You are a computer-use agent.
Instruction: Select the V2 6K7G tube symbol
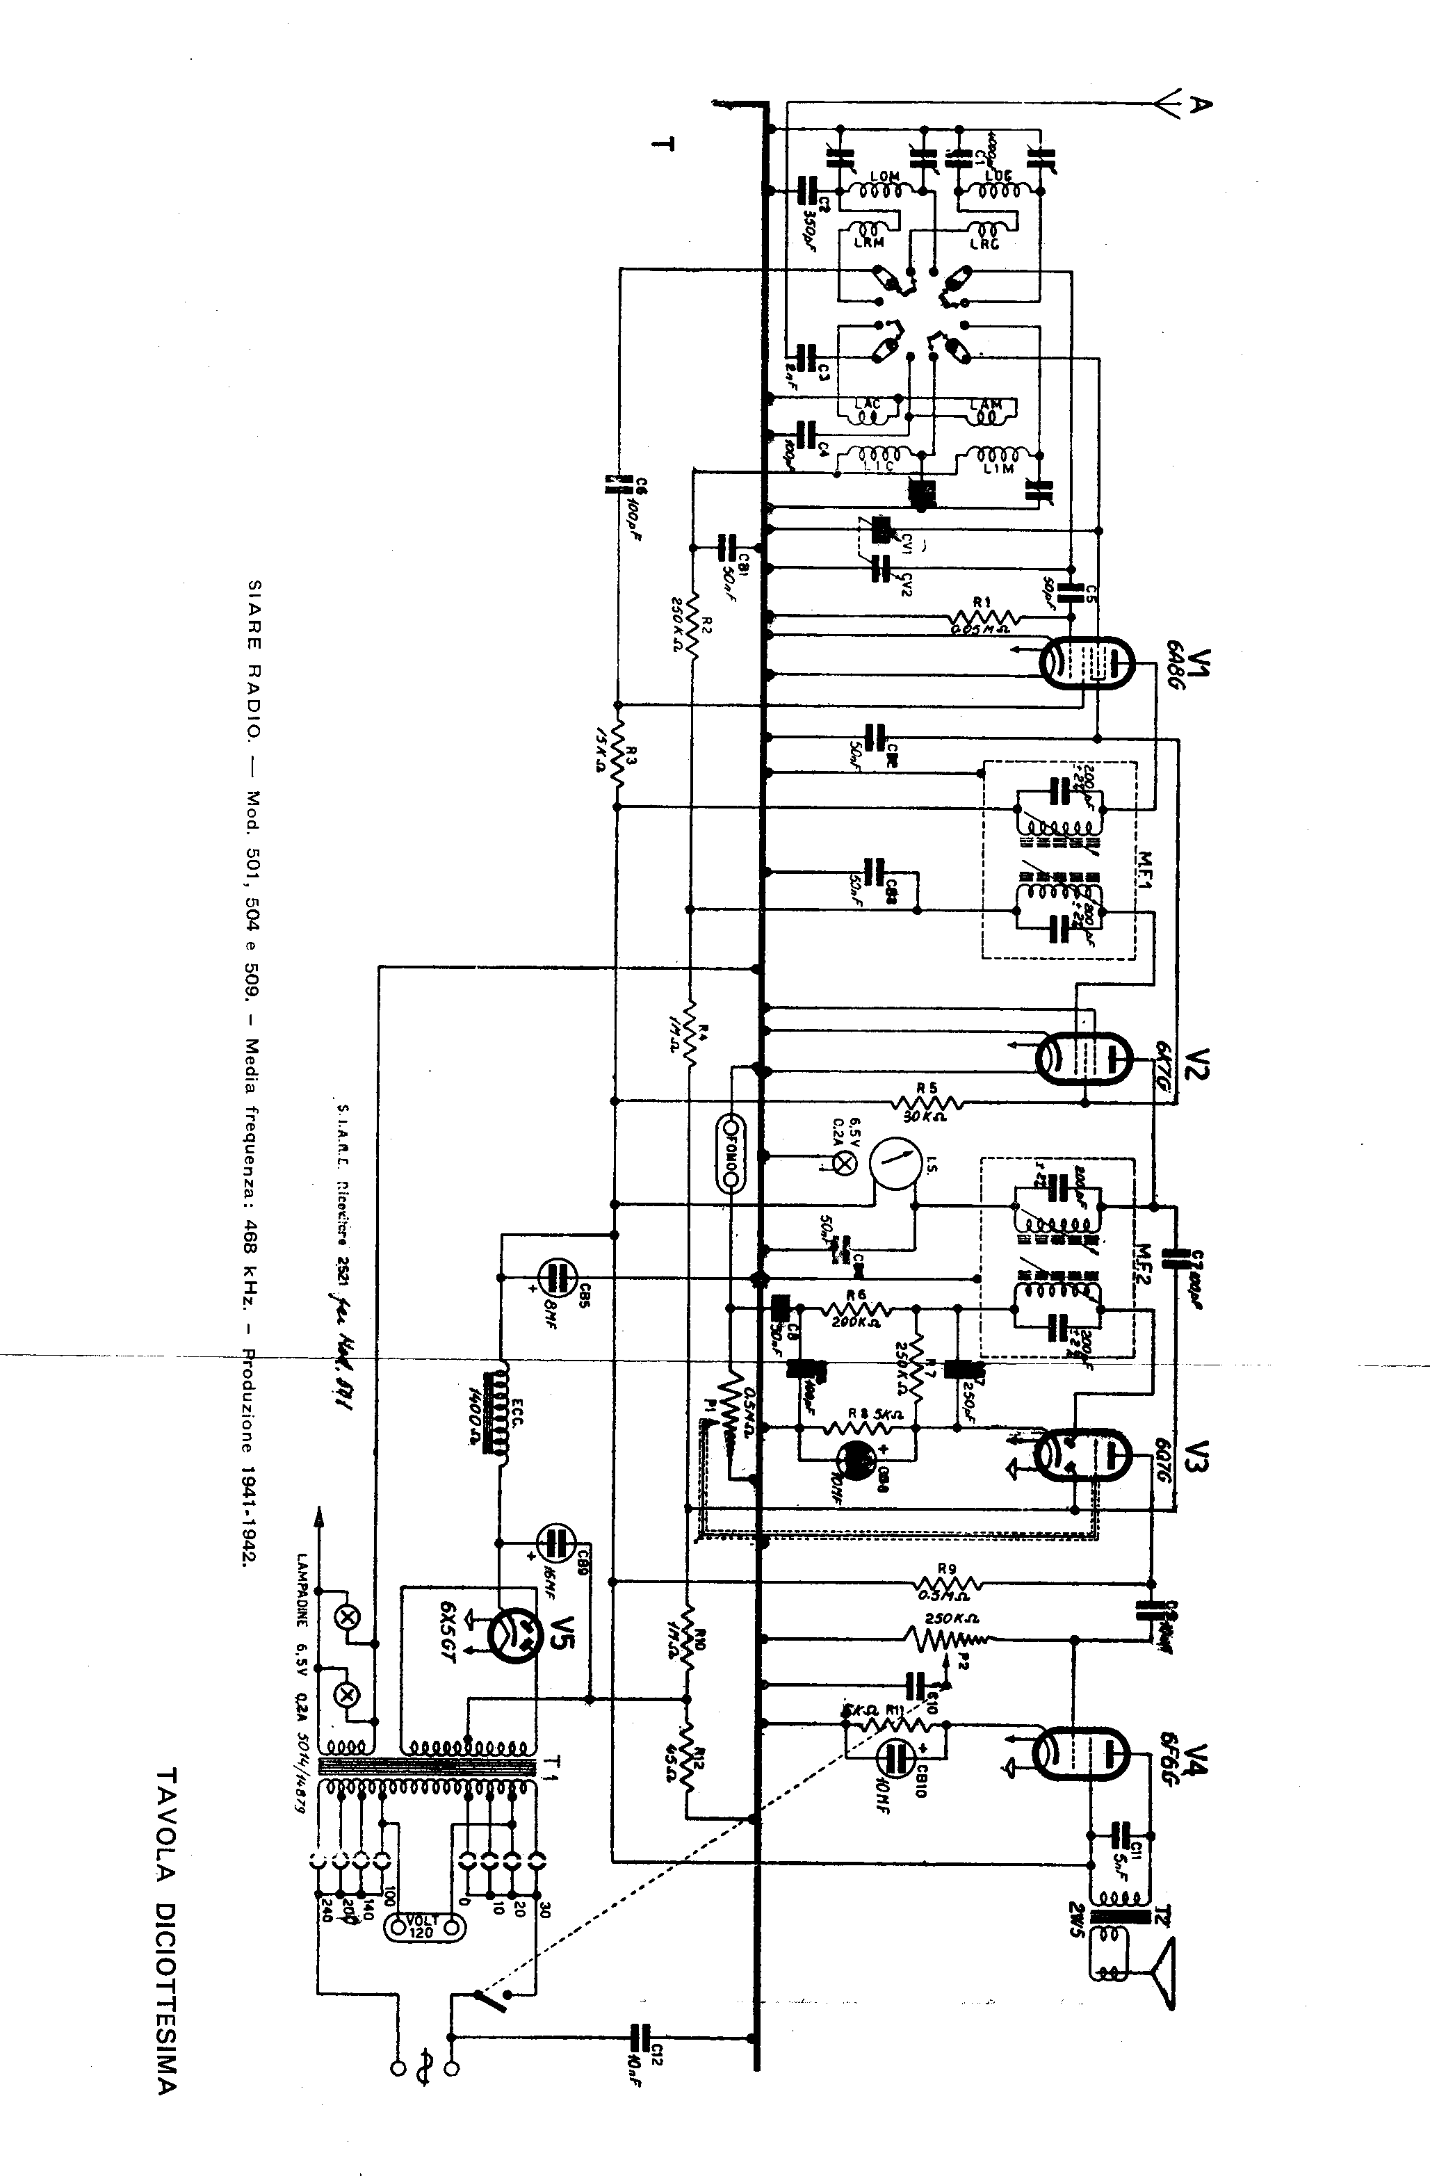click(x=1084, y=1057)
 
